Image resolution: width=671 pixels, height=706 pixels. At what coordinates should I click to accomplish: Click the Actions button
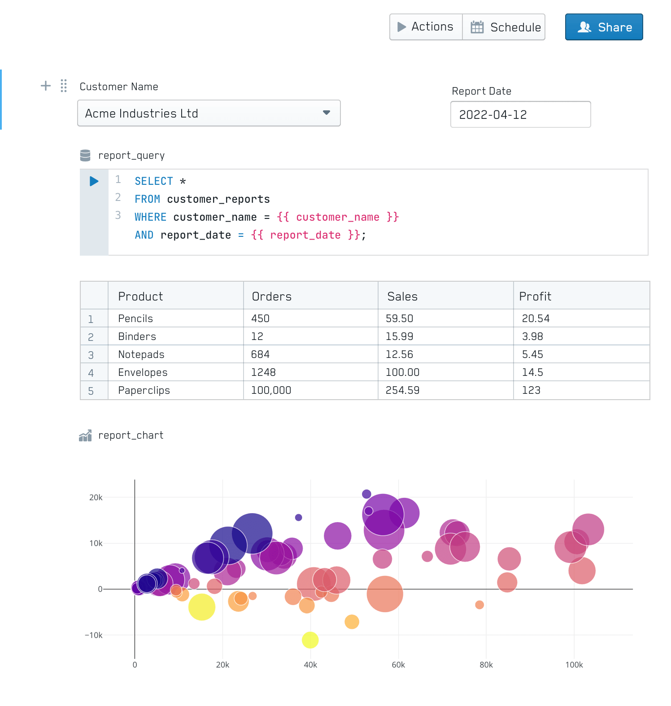[426, 27]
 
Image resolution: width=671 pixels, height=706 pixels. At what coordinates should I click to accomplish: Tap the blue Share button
[604, 27]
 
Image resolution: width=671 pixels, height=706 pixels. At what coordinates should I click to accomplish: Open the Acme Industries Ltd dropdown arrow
[327, 113]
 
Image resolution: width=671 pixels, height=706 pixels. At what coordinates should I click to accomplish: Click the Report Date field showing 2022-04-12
[520, 115]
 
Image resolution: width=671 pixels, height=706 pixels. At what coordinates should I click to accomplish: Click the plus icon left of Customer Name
[46, 86]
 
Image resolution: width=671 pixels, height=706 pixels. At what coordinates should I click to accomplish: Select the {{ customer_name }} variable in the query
[338, 217]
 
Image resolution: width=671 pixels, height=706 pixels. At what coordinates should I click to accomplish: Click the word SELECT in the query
[154, 181]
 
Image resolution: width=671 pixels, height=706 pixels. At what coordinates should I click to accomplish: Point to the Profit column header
[535, 296]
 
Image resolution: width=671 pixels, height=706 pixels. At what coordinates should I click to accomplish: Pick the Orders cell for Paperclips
[271, 390]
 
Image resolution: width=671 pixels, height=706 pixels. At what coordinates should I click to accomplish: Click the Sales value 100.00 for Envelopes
[402, 372]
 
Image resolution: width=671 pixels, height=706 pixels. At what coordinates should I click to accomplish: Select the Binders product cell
[137, 336]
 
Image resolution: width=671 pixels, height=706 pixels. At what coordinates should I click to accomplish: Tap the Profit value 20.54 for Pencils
[536, 318]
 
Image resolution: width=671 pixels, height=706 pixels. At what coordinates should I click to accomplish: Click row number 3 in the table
[91, 355]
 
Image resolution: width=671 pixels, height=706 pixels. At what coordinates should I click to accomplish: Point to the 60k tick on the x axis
[398, 665]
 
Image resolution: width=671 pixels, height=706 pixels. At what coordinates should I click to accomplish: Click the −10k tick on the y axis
[94, 635]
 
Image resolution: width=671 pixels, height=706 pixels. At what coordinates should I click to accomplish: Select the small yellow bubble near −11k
[310, 640]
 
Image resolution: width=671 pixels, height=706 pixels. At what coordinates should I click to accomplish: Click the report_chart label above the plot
[131, 435]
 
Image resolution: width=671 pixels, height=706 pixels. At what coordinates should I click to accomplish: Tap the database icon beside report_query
[85, 155]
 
